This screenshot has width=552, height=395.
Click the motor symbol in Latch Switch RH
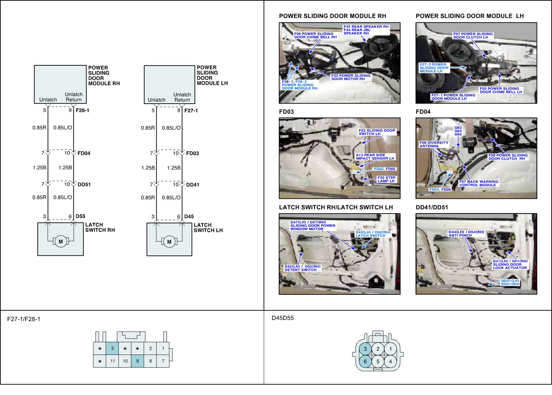(x=61, y=242)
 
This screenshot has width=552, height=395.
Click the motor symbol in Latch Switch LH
(x=169, y=242)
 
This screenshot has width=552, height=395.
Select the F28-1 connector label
(x=82, y=111)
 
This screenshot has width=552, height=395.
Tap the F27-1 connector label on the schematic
(x=191, y=111)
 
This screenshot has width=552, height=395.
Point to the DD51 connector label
(x=84, y=185)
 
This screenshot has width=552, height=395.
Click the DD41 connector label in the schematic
(x=193, y=185)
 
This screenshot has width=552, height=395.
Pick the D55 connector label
(x=80, y=216)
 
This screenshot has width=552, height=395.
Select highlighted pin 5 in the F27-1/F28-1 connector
(x=112, y=348)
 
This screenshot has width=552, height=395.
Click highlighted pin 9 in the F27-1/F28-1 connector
(x=138, y=361)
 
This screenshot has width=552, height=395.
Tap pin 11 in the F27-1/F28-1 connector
(x=112, y=361)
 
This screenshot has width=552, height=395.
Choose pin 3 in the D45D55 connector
(x=365, y=349)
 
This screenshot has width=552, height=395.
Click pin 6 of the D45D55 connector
(x=365, y=362)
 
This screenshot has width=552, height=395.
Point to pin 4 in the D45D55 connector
(x=391, y=362)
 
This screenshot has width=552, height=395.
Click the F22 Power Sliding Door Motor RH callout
(x=351, y=77)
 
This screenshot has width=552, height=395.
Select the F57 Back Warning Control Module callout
(x=479, y=183)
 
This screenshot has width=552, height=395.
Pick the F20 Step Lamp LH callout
(x=386, y=179)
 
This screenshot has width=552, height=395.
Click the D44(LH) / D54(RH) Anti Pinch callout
(x=466, y=234)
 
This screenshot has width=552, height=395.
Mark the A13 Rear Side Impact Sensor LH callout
(x=375, y=157)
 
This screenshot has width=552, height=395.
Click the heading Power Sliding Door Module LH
(x=470, y=16)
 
